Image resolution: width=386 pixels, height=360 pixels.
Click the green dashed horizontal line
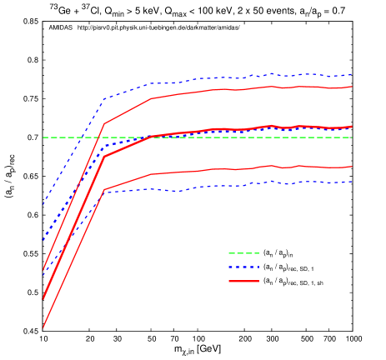(x=250, y=137)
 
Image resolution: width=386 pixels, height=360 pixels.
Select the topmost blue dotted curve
(x=250, y=76)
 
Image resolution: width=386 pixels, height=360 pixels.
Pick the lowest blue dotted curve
(x=250, y=183)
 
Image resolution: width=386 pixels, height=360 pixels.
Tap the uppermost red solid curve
(x=250, y=88)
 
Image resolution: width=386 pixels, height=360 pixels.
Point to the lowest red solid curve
(x=250, y=168)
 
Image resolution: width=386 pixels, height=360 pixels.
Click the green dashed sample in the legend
(x=243, y=253)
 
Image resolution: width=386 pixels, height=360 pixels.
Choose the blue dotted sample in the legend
(x=243, y=267)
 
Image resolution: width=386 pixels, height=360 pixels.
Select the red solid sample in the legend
(x=243, y=282)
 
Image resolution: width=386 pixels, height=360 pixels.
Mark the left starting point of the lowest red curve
(x=43, y=327)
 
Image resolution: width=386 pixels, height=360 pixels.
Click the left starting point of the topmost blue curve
(x=43, y=203)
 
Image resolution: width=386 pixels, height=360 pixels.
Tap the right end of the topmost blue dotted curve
(x=352, y=75)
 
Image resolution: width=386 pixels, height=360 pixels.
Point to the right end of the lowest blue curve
(x=352, y=182)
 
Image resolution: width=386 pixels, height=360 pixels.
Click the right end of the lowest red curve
(x=352, y=167)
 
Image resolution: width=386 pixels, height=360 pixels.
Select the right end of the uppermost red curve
(x=352, y=86)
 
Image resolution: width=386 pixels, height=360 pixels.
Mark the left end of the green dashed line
(x=43, y=137)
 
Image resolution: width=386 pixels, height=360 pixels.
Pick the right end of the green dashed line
(x=352, y=137)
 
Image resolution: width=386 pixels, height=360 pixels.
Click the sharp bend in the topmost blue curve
(x=103, y=99)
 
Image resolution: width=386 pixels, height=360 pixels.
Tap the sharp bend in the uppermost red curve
(x=103, y=124)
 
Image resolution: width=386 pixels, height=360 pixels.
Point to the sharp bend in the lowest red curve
(x=103, y=190)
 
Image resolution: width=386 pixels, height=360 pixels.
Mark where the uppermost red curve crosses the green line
(x=97, y=137)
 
